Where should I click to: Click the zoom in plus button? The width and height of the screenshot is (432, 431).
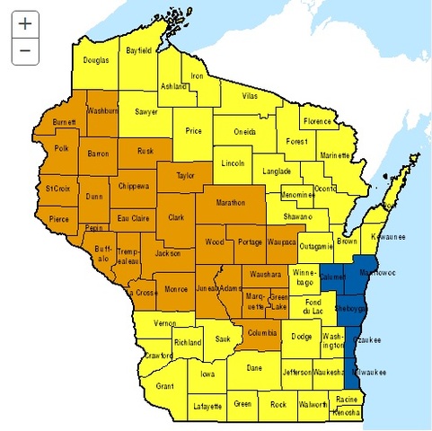click(x=25, y=24)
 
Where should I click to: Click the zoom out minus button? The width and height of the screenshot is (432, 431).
click(x=25, y=51)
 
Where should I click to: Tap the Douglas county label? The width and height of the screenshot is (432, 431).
click(x=96, y=60)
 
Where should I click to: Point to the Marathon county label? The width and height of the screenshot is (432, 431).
click(x=232, y=203)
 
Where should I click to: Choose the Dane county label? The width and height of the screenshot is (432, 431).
click(x=255, y=367)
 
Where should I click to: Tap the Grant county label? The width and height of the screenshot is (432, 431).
click(x=164, y=386)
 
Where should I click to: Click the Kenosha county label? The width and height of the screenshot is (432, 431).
click(x=346, y=412)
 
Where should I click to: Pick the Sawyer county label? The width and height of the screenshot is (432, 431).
click(x=146, y=113)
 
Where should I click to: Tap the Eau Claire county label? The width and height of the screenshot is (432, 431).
click(x=133, y=217)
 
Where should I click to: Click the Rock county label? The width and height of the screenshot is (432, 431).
click(x=278, y=404)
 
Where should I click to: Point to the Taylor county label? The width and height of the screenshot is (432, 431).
click(x=185, y=177)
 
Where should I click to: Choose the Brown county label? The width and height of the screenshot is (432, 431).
click(x=348, y=242)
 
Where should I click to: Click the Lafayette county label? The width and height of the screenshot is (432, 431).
click(x=207, y=407)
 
